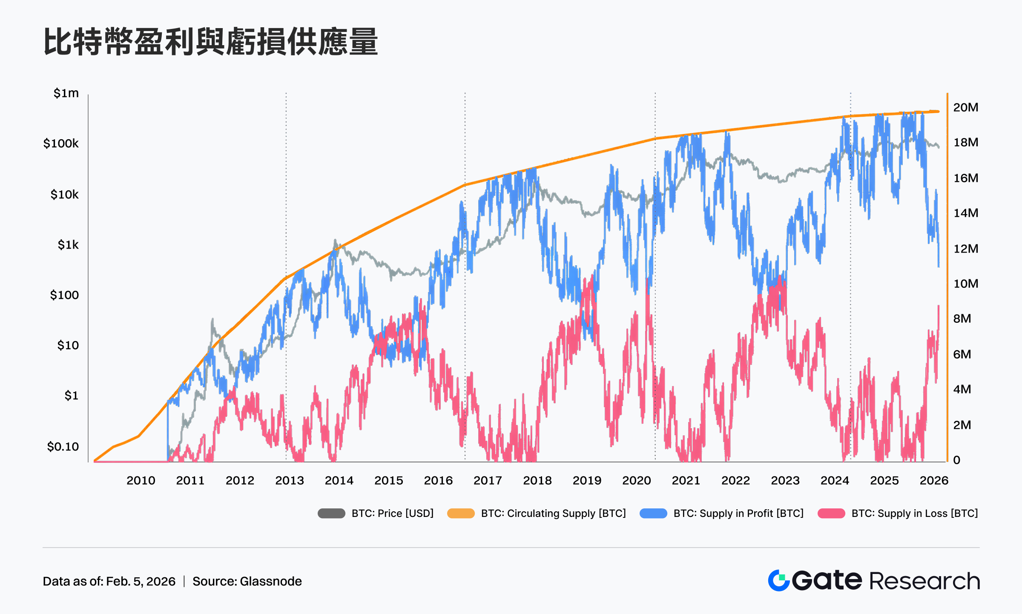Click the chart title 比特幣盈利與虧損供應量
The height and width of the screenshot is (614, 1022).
pyautogui.click(x=211, y=42)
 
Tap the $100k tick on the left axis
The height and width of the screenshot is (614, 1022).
pyautogui.click(x=61, y=143)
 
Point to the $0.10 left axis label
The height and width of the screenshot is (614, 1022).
pyautogui.click(x=63, y=447)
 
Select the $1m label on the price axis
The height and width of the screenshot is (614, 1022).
pyautogui.click(x=66, y=93)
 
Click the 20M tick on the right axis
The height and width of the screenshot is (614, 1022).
pyautogui.click(x=965, y=107)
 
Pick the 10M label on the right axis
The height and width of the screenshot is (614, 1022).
pyautogui.click(x=965, y=284)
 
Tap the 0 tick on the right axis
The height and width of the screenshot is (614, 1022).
pyautogui.click(x=956, y=460)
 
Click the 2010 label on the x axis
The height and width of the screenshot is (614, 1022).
pyautogui.click(x=141, y=481)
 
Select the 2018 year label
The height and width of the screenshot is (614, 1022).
pyautogui.click(x=537, y=481)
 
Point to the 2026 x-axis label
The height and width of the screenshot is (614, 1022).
pyautogui.click(x=933, y=481)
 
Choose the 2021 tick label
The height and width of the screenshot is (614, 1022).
pyautogui.click(x=686, y=481)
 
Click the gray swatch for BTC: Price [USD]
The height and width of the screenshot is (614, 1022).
pyautogui.click(x=331, y=514)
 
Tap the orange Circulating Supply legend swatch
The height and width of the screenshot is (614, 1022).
pyautogui.click(x=461, y=514)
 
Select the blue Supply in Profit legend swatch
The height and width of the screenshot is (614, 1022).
pyautogui.click(x=653, y=514)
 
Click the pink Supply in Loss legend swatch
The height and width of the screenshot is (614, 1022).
pyautogui.click(x=831, y=514)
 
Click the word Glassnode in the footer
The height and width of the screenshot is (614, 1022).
pyautogui.click(x=270, y=581)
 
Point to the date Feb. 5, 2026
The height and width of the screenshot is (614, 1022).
pyautogui.click(x=141, y=581)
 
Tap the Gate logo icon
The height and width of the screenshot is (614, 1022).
pyautogui.click(x=779, y=580)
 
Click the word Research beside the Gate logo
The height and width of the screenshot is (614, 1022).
pyautogui.click(x=924, y=581)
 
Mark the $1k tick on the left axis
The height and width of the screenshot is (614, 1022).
pyautogui.click(x=68, y=245)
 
